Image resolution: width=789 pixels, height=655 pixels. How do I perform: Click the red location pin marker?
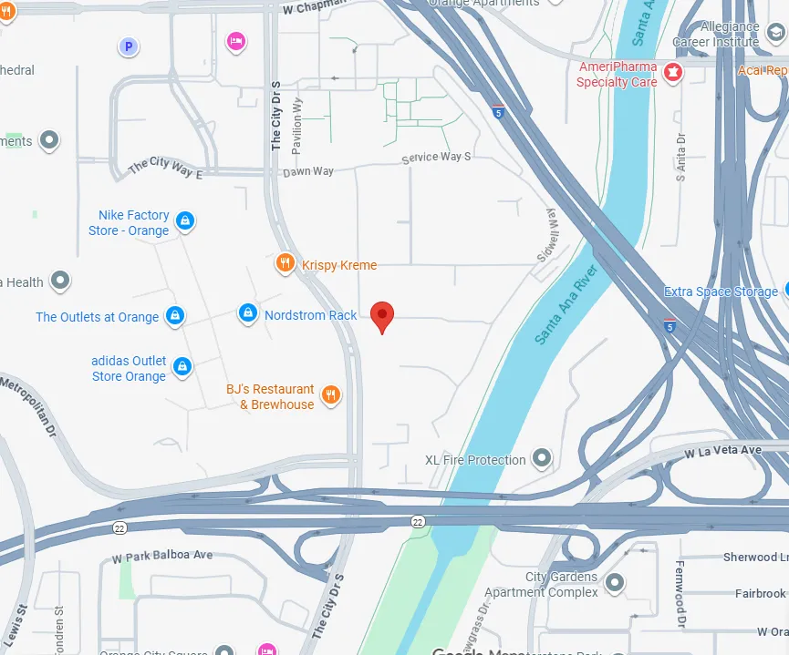(x=383, y=316)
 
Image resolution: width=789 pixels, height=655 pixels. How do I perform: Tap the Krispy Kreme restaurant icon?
(x=285, y=264)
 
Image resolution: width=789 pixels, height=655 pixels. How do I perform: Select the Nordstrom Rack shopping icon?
(x=247, y=314)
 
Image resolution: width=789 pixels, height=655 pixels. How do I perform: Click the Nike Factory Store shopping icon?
(x=185, y=221)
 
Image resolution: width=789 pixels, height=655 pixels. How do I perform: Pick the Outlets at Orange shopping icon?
(x=175, y=317)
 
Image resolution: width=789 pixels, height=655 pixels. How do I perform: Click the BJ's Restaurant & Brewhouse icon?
(x=331, y=395)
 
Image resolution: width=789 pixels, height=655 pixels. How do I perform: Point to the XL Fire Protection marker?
(x=543, y=458)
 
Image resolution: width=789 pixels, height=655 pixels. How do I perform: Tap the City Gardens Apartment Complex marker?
(x=615, y=582)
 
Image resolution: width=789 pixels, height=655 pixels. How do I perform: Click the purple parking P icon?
(x=129, y=46)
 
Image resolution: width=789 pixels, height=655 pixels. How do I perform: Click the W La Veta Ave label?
(x=723, y=451)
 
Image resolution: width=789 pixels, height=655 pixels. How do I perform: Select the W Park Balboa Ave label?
(x=162, y=556)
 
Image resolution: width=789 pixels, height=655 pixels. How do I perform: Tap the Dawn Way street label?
(x=308, y=171)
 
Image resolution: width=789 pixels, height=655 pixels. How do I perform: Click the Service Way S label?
(x=436, y=158)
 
